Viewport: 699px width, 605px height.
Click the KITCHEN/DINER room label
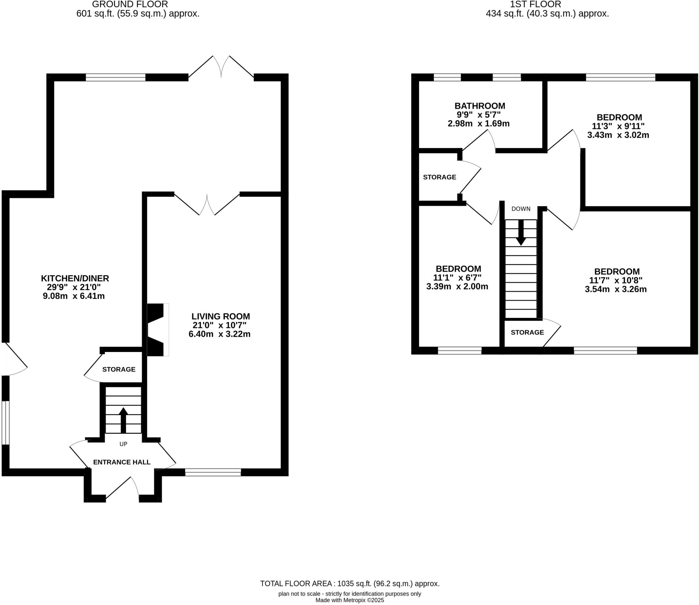point(75,278)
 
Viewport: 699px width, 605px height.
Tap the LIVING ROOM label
point(220,316)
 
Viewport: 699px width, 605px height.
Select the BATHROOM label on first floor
point(480,106)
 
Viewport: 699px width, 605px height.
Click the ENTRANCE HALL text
point(122,462)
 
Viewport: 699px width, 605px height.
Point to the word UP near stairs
point(123,444)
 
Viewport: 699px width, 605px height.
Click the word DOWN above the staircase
point(521,209)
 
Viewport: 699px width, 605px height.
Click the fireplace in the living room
point(157,330)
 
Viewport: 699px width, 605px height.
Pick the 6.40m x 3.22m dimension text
point(219,334)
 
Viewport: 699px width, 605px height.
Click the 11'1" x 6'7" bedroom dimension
point(457,278)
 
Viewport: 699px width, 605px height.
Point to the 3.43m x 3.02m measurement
point(618,135)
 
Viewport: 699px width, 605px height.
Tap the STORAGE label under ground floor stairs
point(119,369)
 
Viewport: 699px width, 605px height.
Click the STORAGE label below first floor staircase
point(527,332)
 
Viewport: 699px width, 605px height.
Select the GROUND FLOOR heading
point(130,4)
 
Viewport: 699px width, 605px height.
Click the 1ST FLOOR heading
point(536,4)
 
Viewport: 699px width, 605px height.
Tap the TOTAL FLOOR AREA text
point(349,584)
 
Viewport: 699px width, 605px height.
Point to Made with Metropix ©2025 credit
point(349,600)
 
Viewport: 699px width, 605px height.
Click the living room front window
point(213,472)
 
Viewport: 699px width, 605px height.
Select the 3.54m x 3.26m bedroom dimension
point(616,290)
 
